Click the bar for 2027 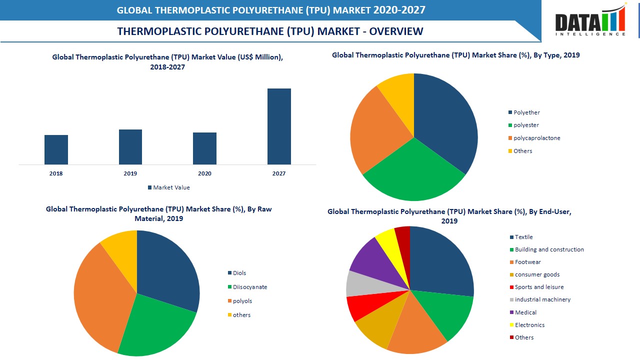point(279,126)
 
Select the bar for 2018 point(56,149)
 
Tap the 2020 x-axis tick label point(204,173)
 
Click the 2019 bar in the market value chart point(130,147)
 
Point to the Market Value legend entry point(168,187)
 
